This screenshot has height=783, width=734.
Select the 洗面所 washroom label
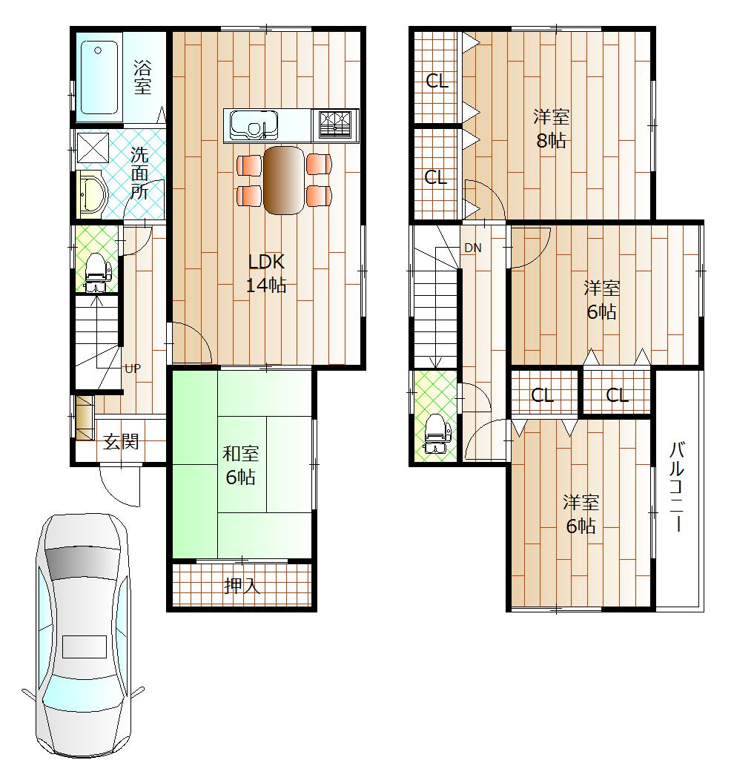pos(139,173)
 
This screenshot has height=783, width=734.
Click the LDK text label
pos(266,262)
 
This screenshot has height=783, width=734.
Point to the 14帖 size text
pos(266,286)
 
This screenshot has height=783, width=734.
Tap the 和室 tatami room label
pos(240,453)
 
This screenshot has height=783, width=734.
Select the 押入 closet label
pos(242,587)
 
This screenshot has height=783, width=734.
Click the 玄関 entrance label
pos(121,442)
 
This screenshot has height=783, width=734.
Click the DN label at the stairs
pos(473,248)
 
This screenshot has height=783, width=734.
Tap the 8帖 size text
pos(551,141)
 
